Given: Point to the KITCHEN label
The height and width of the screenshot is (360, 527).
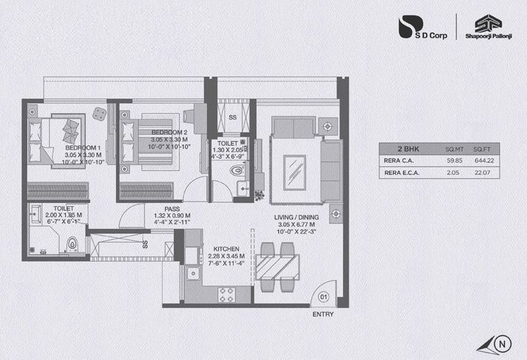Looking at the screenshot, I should pyautogui.click(x=226, y=249).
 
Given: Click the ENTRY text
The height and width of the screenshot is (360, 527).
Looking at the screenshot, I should pyautogui.click(x=323, y=315).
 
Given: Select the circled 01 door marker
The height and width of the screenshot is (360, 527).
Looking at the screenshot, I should pyautogui.click(x=324, y=296).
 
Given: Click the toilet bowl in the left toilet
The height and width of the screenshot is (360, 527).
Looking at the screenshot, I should pyautogui.click(x=72, y=243).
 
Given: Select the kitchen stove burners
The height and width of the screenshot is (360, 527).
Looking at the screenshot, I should pyautogui.click(x=226, y=294).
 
